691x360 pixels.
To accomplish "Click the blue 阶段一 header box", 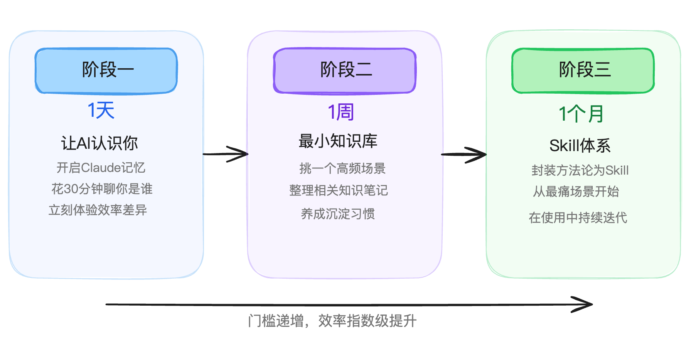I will tap(106, 71).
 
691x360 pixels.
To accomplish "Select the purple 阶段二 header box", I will tap(345, 71).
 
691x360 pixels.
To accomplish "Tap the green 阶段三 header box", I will tap(583, 71).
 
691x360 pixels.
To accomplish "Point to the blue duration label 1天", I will tap(101, 111).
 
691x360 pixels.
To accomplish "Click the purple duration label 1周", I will tap(340, 112).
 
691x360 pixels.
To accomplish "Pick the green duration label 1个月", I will tap(581, 114).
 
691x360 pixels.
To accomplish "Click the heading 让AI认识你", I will tap(99, 143).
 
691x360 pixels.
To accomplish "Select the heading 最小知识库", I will tap(338, 141).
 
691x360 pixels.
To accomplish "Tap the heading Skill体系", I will tap(580, 146).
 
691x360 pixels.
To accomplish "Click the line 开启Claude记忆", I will tap(101, 168).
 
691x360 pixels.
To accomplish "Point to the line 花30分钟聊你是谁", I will tap(102, 189).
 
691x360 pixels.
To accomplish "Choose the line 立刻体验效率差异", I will tap(98, 210).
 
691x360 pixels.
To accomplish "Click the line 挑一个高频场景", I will tap(342, 168).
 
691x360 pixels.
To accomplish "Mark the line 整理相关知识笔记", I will tap(339, 190).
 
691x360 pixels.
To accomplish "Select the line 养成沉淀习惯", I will tap(338, 214).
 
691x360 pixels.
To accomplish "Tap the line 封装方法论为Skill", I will tap(580, 170).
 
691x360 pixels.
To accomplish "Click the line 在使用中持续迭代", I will tap(578, 218).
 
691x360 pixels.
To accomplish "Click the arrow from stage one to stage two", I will tap(226, 154).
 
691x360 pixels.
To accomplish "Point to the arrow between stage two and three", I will tap(464, 155).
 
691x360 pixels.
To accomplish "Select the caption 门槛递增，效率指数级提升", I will tap(332, 321).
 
